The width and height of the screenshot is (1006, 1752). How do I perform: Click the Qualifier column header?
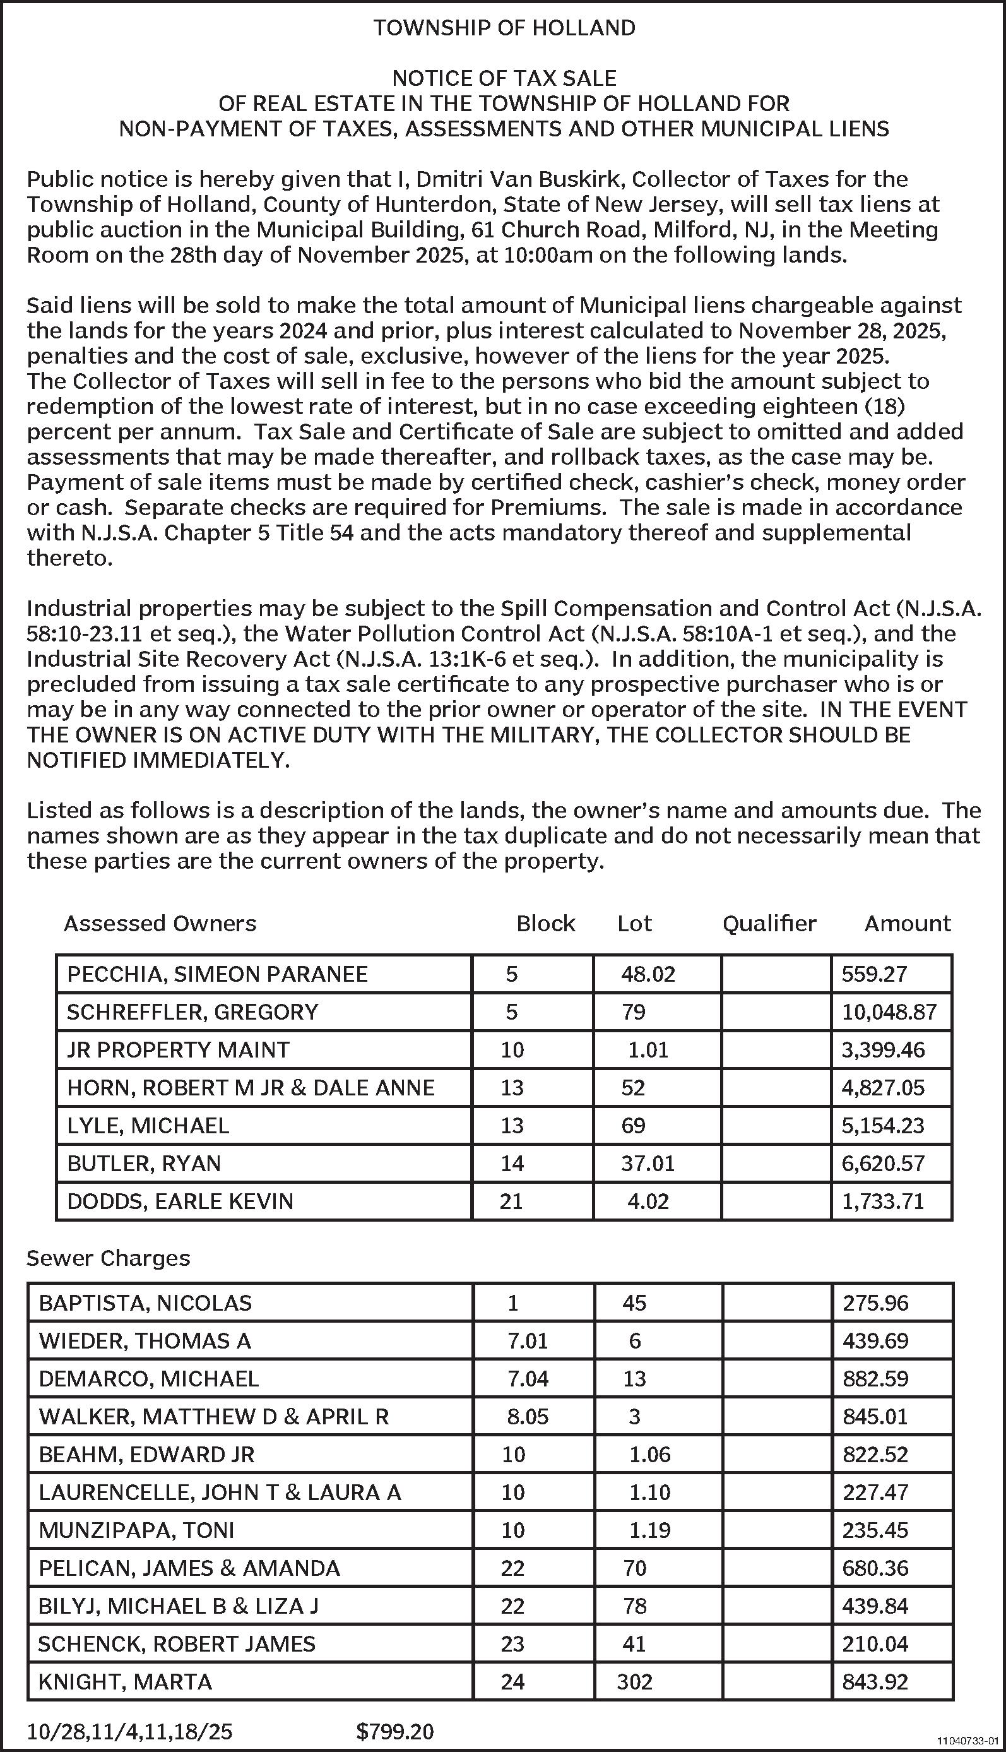click(769, 923)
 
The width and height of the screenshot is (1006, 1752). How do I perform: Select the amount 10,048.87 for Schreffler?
click(889, 1012)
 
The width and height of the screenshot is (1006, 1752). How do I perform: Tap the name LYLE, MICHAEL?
click(148, 1125)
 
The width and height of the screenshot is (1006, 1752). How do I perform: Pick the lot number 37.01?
click(648, 1163)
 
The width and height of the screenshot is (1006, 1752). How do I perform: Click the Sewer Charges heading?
click(108, 1258)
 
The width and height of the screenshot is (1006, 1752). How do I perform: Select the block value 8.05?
click(527, 1416)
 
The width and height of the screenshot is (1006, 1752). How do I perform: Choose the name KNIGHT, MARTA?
click(125, 1681)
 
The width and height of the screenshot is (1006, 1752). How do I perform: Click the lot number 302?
click(634, 1681)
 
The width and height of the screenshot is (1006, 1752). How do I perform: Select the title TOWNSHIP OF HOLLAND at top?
click(504, 28)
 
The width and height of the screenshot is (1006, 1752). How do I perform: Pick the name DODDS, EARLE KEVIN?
click(180, 1201)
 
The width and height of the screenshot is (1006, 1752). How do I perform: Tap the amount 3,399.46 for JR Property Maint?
click(882, 1050)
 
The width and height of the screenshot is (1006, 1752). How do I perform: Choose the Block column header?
click(545, 923)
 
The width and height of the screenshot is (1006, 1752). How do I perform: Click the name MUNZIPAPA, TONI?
click(136, 1530)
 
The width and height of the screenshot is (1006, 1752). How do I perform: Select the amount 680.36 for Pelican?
click(875, 1568)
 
